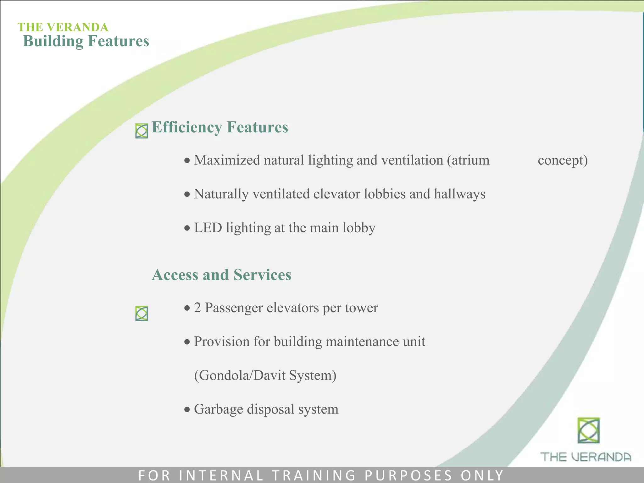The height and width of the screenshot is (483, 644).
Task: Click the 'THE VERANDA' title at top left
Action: click(63, 27)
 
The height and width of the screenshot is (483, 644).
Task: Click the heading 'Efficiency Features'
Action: click(220, 127)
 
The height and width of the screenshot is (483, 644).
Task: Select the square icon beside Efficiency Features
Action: click(142, 131)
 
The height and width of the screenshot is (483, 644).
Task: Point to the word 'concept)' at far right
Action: click(563, 160)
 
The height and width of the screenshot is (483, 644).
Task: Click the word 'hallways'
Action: click(459, 194)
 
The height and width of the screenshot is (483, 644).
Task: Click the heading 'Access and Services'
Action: click(221, 275)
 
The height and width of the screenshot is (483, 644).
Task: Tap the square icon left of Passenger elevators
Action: click(142, 313)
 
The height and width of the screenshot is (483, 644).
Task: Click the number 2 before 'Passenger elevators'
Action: click(197, 308)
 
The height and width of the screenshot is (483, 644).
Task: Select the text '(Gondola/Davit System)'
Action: click(265, 375)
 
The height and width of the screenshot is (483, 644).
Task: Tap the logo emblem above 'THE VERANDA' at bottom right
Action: click(588, 430)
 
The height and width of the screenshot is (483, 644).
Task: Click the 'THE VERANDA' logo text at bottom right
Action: click(586, 457)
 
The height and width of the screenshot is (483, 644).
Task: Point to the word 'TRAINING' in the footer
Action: click(314, 475)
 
